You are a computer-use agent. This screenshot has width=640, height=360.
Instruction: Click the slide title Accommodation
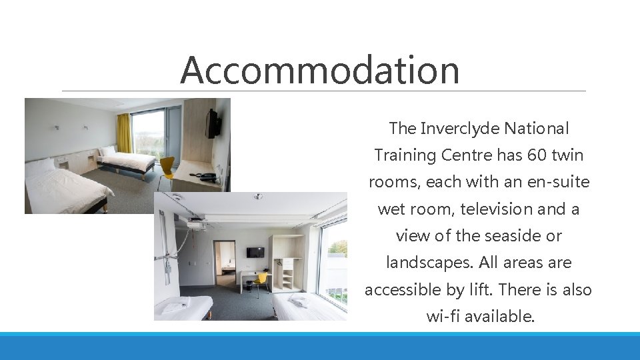point(319,70)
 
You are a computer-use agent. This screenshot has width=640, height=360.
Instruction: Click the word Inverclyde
point(459,128)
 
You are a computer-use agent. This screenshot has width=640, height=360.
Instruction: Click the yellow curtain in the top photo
point(124,133)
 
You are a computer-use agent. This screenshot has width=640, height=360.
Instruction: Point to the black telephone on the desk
point(205,177)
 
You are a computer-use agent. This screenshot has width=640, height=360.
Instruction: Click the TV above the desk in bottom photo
point(255,252)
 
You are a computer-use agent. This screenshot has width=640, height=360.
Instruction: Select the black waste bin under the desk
point(249,285)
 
